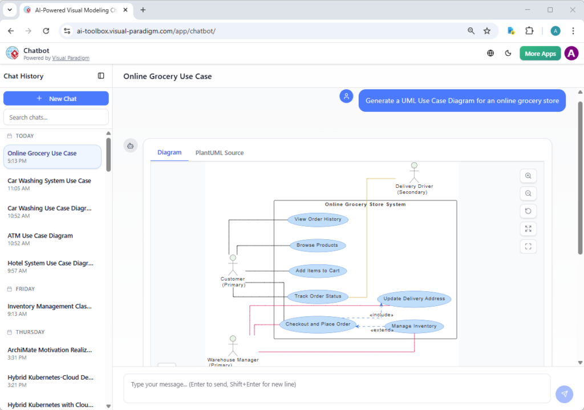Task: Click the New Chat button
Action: pyautogui.click(x=56, y=98)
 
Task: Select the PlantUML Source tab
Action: pyautogui.click(x=220, y=152)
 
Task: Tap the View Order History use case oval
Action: pyautogui.click(x=318, y=219)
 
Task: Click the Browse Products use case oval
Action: pyautogui.click(x=317, y=245)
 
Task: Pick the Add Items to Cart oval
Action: pyautogui.click(x=318, y=271)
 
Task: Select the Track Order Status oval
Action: pyautogui.click(x=318, y=296)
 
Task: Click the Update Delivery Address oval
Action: pyautogui.click(x=414, y=299)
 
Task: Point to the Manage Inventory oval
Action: pyautogui.click(x=414, y=326)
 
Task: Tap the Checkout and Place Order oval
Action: pyautogui.click(x=318, y=324)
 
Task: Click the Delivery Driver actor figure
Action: pyautogui.click(x=414, y=172)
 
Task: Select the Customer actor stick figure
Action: pyautogui.click(x=233, y=266)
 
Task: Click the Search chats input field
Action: pyautogui.click(x=56, y=117)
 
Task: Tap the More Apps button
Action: pyautogui.click(x=540, y=53)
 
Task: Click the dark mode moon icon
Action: pyautogui.click(x=508, y=53)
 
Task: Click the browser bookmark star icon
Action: pyautogui.click(x=487, y=31)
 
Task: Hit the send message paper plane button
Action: pyautogui.click(x=564, y=394)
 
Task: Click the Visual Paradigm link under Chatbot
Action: pyautogui.click(x=71, y=58)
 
